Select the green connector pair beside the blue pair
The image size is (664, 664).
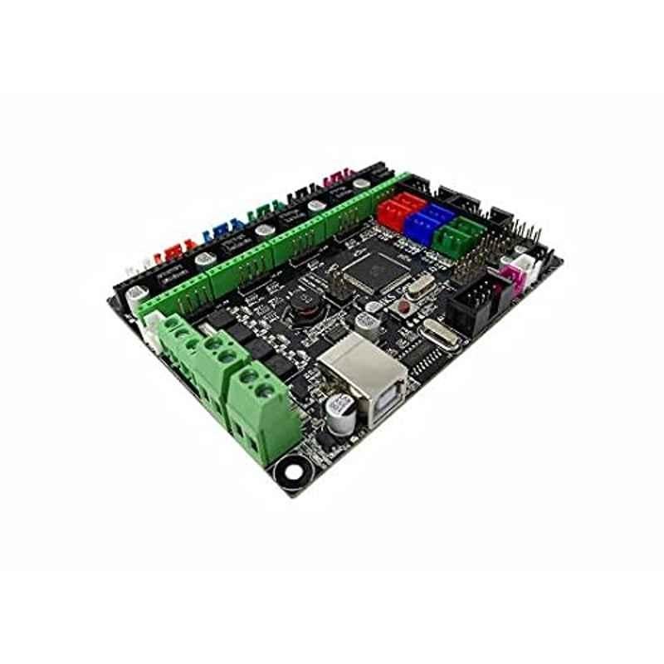click(x=456, y=233)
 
